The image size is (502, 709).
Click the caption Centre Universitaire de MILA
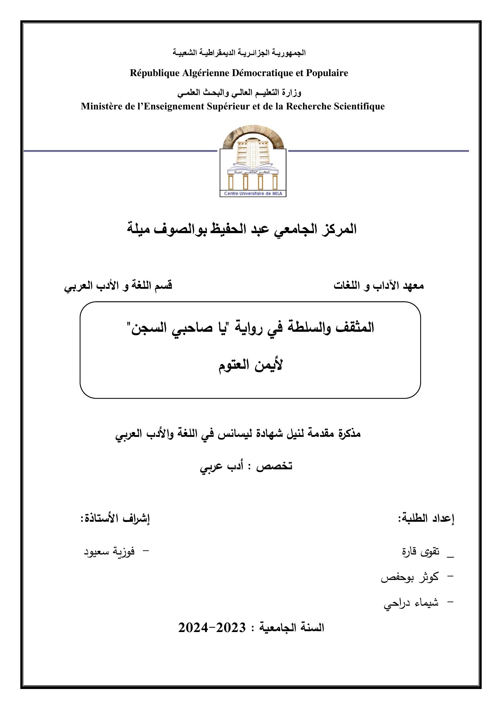point(253,193)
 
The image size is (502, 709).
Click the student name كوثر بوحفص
point(409,577)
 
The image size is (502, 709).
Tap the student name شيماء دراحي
point(411,603)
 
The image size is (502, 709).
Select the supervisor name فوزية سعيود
point(109,551)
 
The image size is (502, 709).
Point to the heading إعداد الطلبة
point(426,519)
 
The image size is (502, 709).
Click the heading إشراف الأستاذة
point(115,519)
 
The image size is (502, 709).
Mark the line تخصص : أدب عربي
point(246,466)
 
